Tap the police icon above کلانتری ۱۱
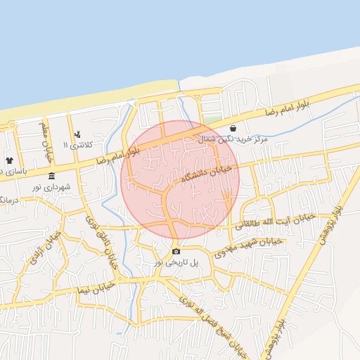tap(77, 134)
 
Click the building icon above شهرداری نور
tap(51, 176)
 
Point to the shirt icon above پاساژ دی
tap(10, 160)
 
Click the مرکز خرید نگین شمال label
tap(233, 140)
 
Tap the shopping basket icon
tap(233, 128)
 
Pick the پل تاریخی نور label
tap(177, 262)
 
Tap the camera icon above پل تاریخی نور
tap(175, 251)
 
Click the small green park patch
tap(212, 120)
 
